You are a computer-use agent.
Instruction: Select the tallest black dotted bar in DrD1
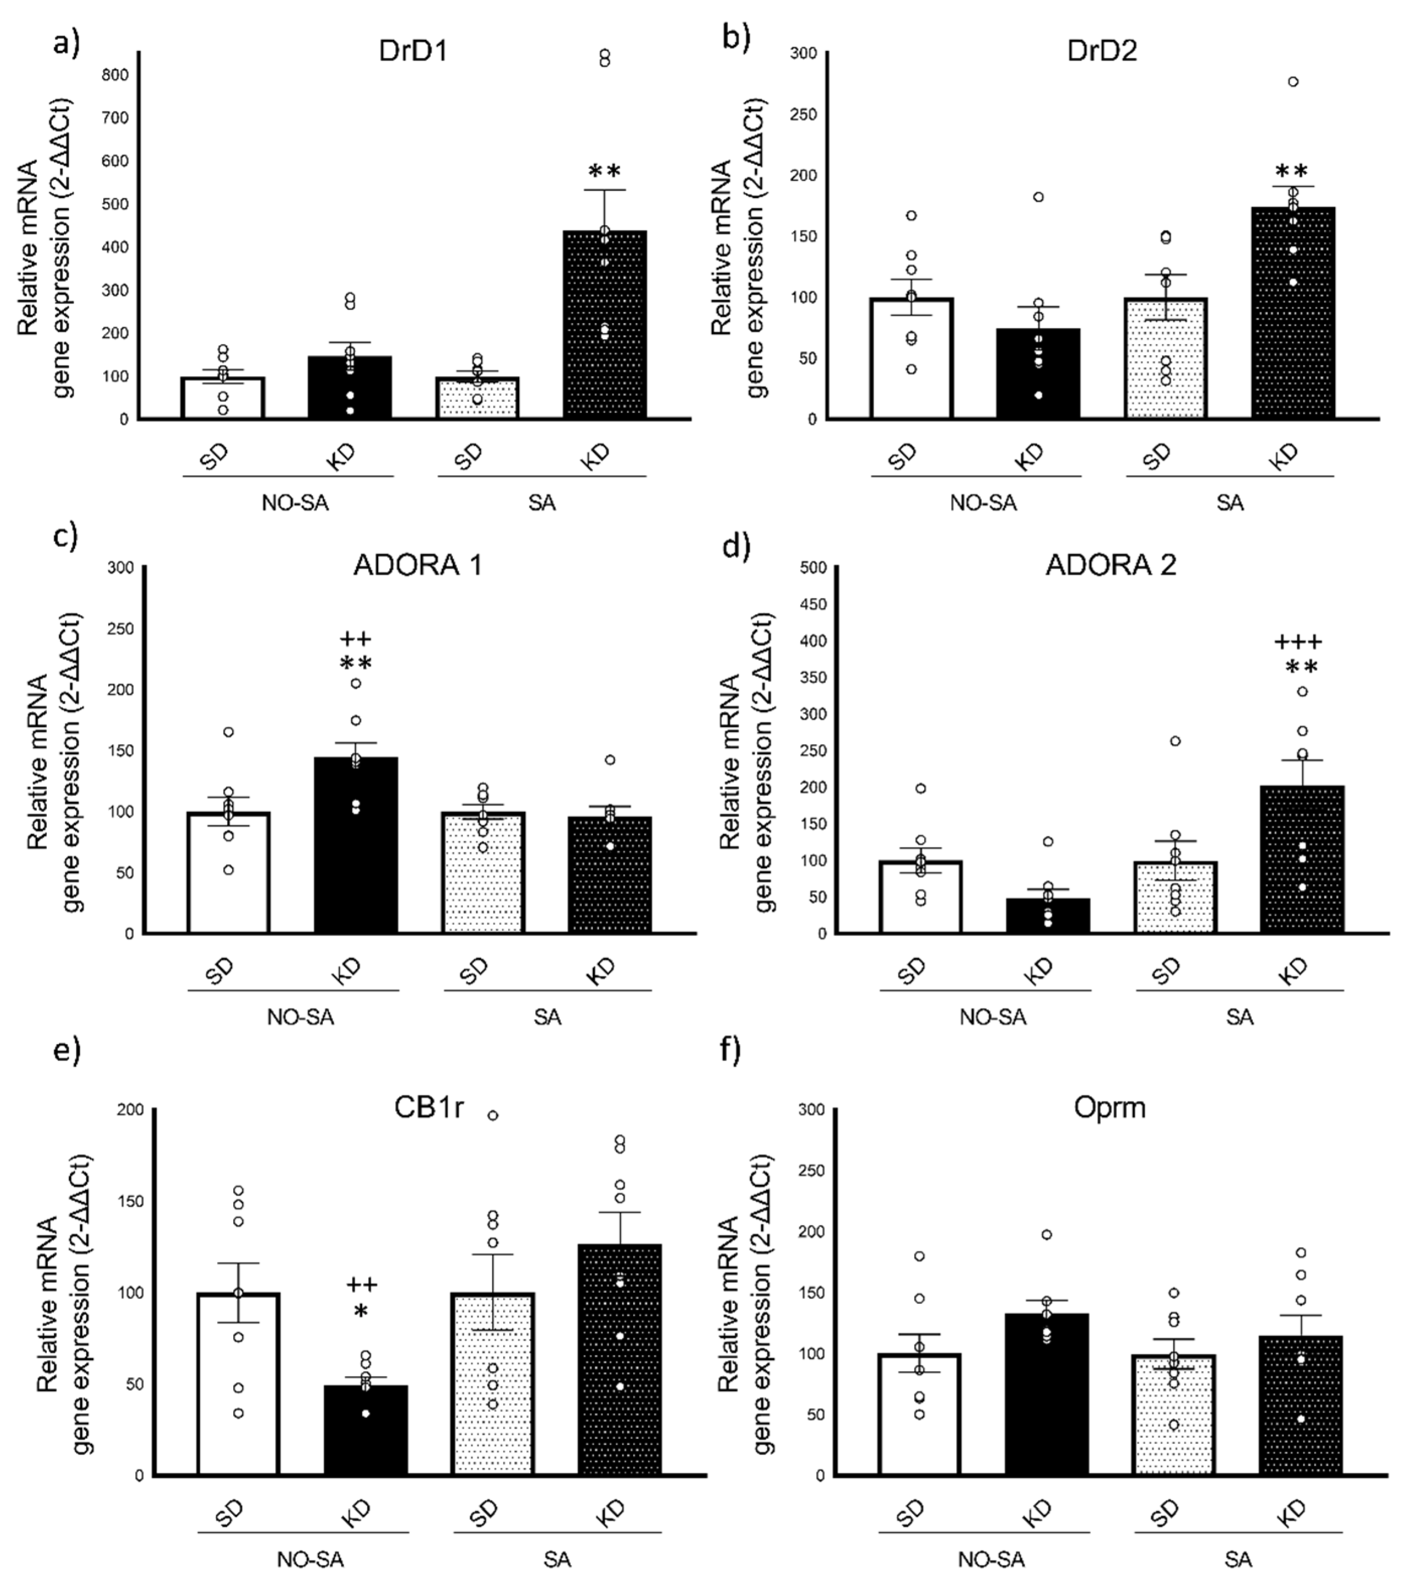(x=604, y=325)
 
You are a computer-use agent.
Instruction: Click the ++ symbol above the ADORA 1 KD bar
(x=356, y=639)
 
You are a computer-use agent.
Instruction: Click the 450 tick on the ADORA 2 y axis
(x=815, y=604)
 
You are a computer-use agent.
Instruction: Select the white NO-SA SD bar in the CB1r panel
(x=239, y=1383)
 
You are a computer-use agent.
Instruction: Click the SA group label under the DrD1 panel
(x=541, y=503)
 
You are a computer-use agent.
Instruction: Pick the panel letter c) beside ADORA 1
(x=65, y=537)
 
